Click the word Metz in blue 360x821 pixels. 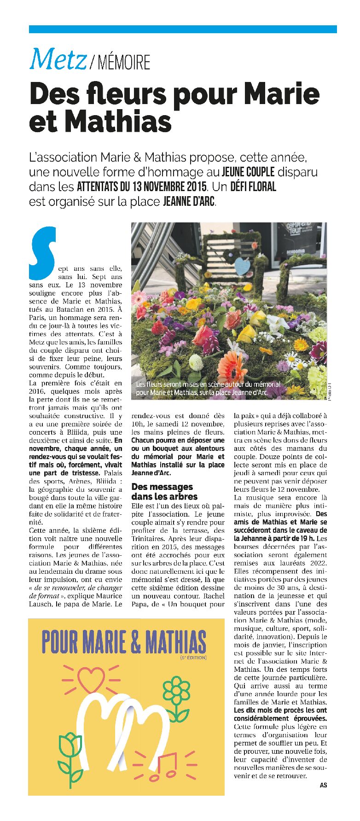[x=58, y=60]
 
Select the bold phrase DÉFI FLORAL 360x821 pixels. [x=253, y=187]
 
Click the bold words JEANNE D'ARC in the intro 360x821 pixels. [x=189, y=202]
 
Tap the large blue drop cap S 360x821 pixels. [x=42, y=253]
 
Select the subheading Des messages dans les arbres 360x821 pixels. [x=164, y=491]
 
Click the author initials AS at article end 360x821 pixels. [x=323, y=785]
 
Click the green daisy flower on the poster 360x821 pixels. [x=176, y=692]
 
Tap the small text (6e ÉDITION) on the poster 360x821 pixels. [x=193, y=657]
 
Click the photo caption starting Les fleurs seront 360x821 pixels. [x=208, y=388]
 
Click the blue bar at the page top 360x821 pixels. [x=183, y=29]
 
